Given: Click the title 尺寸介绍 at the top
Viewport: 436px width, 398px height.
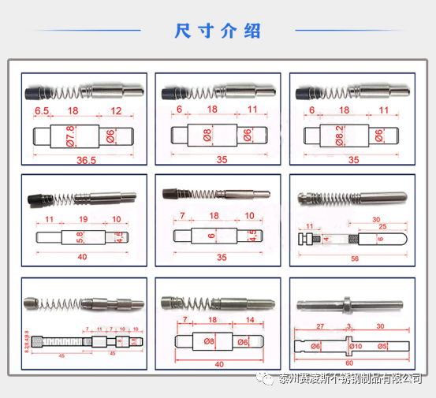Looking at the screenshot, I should (218, 32).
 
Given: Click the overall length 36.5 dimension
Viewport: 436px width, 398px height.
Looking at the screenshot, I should (85, 161).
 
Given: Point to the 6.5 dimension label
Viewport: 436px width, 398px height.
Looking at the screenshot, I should (42, 111).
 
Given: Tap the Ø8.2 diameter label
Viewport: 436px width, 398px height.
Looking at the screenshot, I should (341, 135).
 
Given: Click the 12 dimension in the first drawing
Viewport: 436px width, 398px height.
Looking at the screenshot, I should (117, 111).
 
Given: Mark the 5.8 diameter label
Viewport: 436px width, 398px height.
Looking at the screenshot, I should (79, 236).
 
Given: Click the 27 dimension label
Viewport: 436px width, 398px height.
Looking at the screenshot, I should (321, 325).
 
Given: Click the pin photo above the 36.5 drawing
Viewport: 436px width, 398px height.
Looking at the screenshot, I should (84, 91).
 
